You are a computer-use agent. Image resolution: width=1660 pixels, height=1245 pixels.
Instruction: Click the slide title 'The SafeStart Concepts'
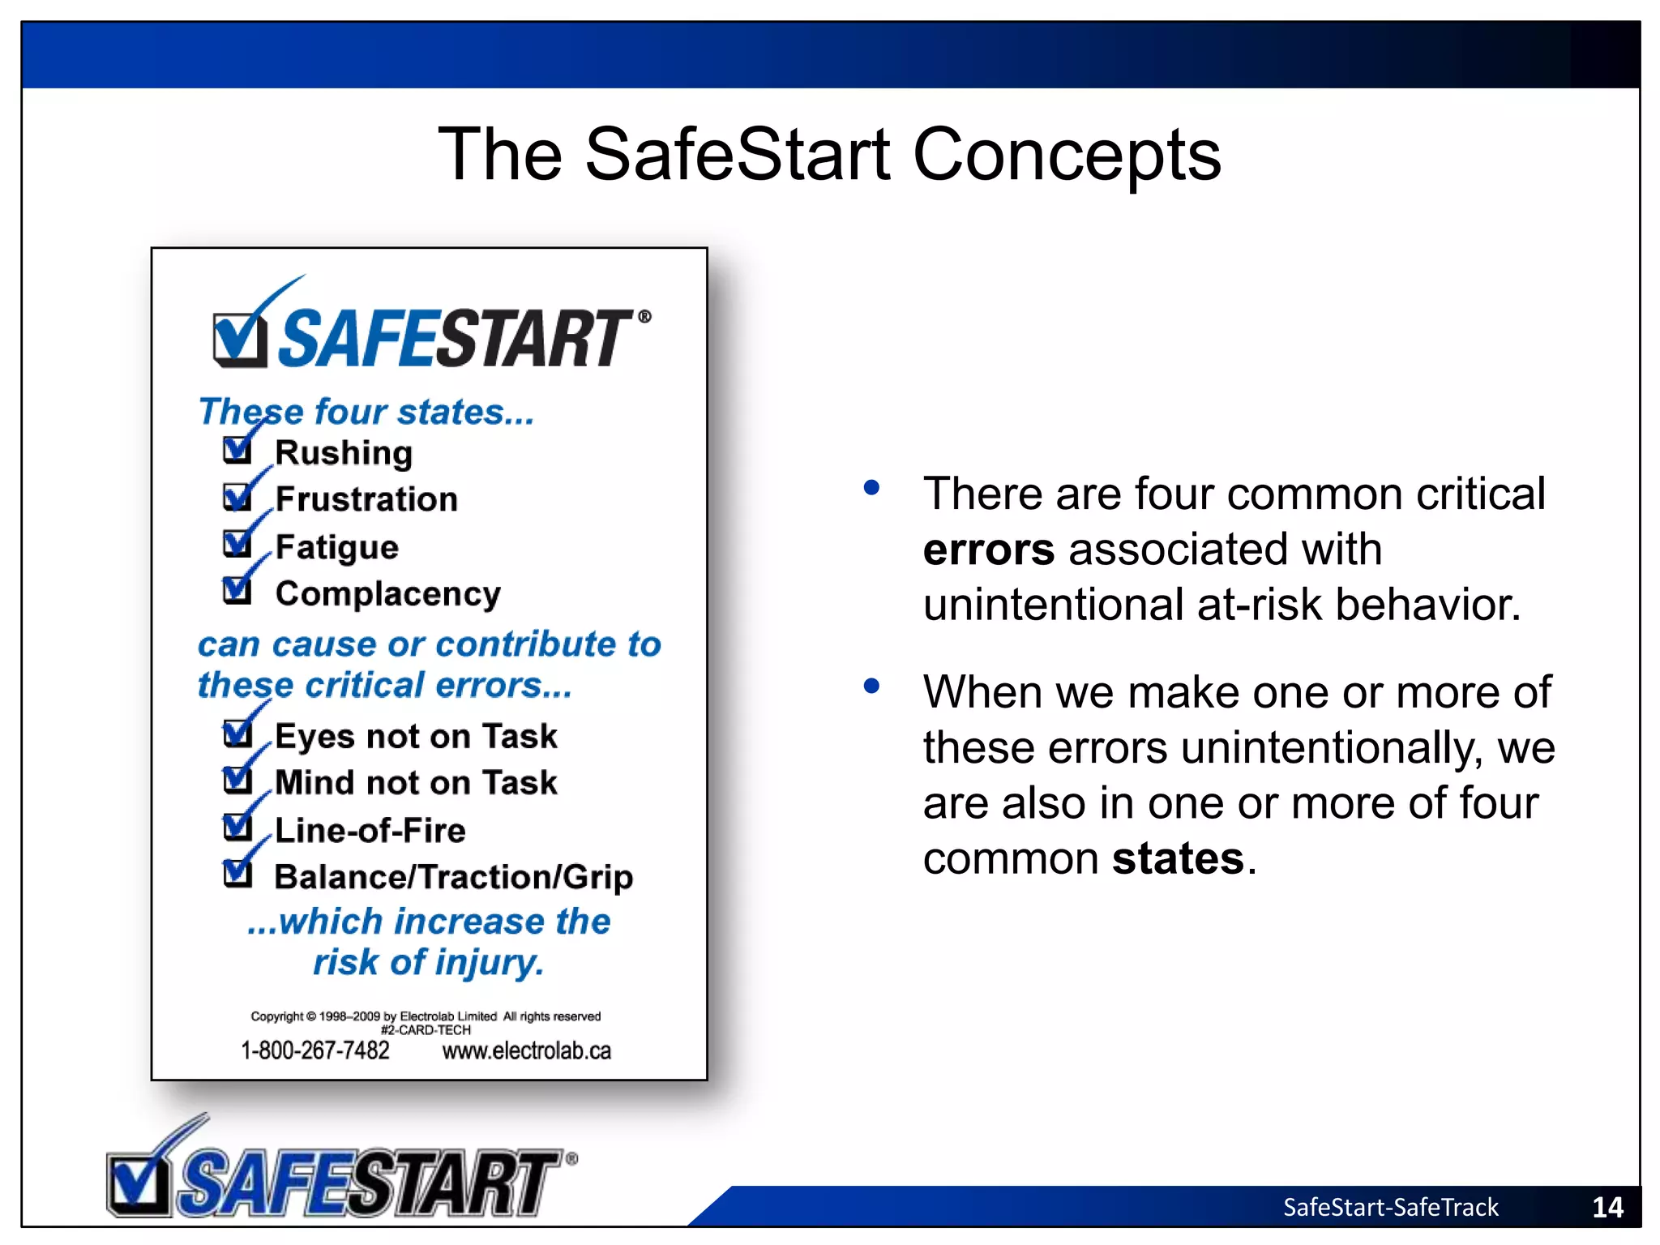829,154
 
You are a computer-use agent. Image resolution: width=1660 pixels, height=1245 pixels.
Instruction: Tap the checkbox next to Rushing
237,450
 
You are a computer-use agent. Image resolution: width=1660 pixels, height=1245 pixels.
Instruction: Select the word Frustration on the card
366,499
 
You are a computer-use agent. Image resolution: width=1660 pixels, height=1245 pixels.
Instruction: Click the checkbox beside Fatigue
237,544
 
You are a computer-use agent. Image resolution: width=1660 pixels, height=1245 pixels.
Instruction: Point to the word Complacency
387,594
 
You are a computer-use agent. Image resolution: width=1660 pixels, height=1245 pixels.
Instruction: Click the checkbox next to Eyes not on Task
237,734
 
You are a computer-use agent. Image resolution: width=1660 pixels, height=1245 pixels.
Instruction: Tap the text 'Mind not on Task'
416,783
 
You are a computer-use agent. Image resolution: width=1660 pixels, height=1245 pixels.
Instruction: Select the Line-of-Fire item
370,830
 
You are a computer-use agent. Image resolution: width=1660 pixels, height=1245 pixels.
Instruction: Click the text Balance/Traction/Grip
453,877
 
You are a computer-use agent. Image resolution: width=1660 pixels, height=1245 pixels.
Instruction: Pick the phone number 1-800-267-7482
314,1050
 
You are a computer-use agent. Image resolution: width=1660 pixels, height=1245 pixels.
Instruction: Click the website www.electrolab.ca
526,1051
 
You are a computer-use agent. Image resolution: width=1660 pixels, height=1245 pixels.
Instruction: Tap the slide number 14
1607,1207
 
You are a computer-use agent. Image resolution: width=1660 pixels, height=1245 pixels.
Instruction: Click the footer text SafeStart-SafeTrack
1390,1207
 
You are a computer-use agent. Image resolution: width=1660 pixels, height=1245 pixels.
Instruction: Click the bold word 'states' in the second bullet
1178,858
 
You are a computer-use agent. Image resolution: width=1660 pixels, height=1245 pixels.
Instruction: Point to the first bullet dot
871,488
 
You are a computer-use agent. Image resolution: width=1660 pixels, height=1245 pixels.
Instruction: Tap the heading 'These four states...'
366,412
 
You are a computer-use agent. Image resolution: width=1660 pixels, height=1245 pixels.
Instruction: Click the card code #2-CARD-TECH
426,1030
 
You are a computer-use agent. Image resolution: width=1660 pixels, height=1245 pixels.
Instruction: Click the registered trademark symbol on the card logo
644,316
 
